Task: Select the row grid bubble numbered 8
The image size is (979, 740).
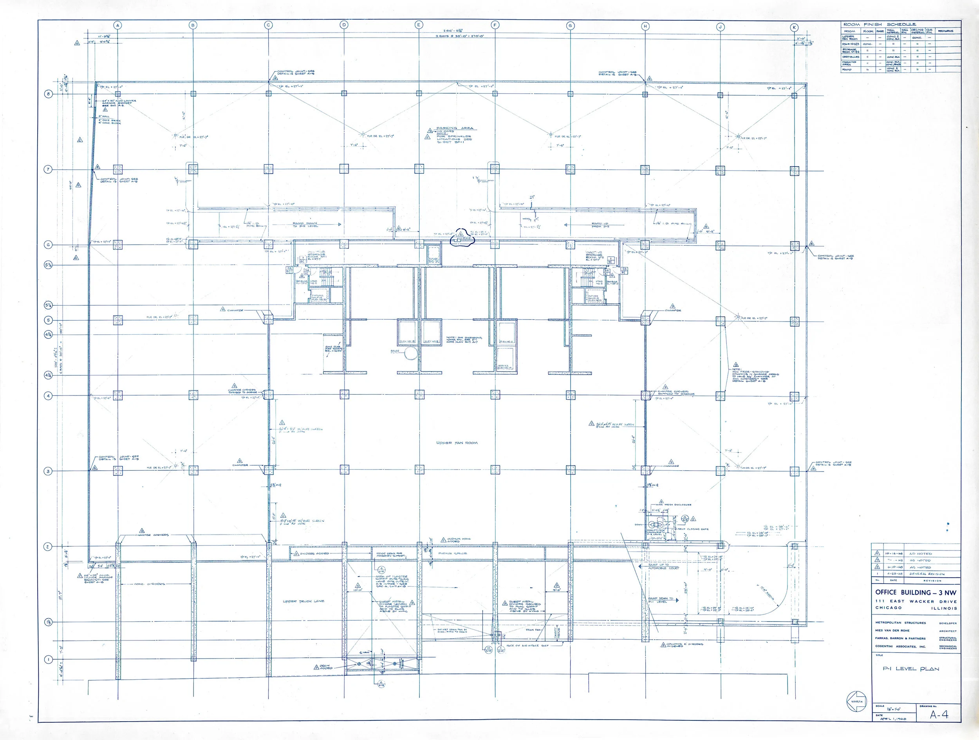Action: click(49, 94)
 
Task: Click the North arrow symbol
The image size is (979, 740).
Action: click(855, 701)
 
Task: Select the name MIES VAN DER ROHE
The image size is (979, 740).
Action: click(892, 630)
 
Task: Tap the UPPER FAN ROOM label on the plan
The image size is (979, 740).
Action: click(457, 443)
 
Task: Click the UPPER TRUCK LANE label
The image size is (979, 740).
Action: click(303, 601)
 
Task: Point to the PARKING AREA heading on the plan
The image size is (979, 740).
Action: click(455, 129)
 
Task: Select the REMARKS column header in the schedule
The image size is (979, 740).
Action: click(948, 31)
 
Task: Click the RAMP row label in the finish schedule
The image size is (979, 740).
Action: click(846, 69)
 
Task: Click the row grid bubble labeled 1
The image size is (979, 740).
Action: click(48, 659)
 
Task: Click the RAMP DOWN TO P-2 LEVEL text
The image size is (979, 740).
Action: click(305, 225)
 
